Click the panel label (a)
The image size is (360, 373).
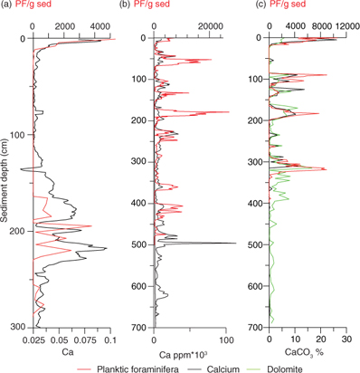[x=8, y=7]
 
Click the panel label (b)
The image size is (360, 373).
[x=128, y=7]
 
